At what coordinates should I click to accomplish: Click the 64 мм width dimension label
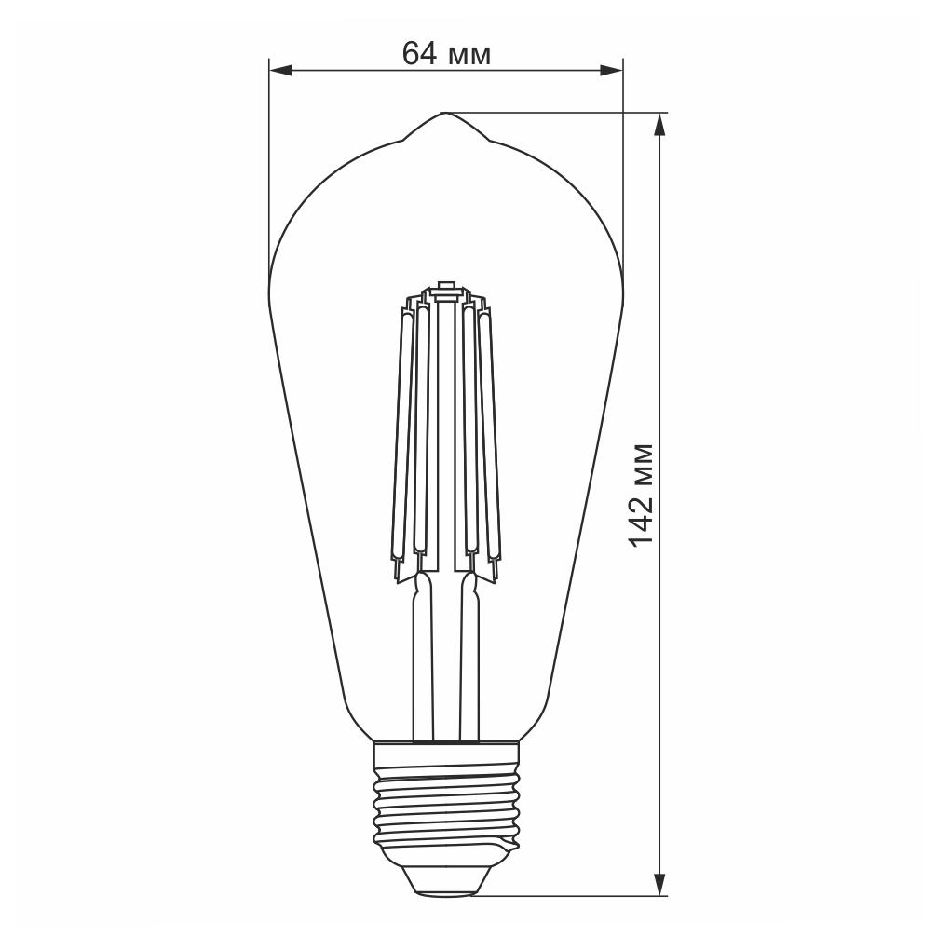(x=446, y=54)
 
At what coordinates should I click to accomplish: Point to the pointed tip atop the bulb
(x=444, y=115)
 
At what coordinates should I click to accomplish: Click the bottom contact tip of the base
(x=445, y=886)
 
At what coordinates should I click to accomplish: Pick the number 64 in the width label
(x=420, y=54)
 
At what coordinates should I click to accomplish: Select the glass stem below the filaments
(x=445, y=652)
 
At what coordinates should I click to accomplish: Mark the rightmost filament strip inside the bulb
(x=488, y=438)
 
